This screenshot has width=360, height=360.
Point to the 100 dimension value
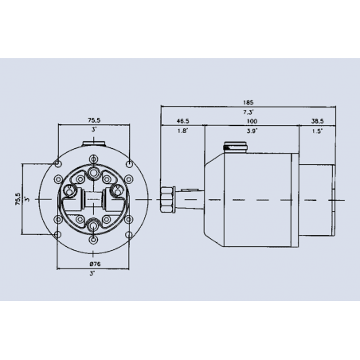(x=252, y=122)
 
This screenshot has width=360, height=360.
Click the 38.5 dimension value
(x=317, y=122)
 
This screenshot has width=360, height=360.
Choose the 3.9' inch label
(x=252, y=132)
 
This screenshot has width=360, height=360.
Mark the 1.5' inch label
(x=317, y=132)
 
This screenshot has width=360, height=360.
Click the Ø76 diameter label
(x=94, y=264)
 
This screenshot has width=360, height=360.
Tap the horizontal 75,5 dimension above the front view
(x=94, y=121)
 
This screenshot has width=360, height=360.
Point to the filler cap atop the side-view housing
(x=237, y=147)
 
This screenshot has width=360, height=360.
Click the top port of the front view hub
(x=95, y=173)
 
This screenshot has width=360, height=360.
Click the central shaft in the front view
(x=95, y=198)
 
